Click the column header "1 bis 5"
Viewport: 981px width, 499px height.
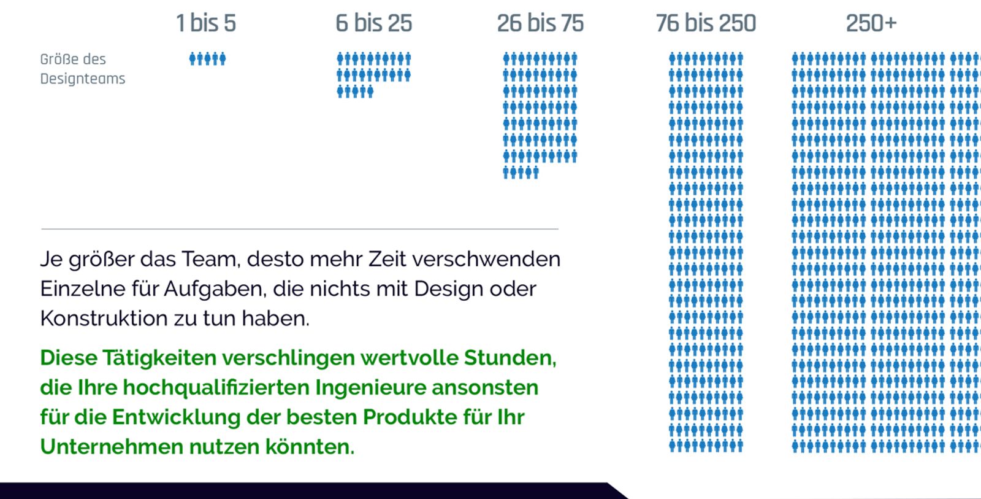[205, 23]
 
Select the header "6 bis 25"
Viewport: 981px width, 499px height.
[373, 23]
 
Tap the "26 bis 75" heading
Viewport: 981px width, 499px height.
[540, 23]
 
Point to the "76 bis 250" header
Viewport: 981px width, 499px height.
[706, 23]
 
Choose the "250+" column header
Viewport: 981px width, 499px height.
[871, 23]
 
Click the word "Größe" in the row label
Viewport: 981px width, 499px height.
[59, 60]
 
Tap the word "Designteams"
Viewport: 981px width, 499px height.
[83, 79]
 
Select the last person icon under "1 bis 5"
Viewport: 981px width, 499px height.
[223, 59]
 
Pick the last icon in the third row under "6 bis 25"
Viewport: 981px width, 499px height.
[370, 92]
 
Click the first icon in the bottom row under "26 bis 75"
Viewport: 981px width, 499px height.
[506, 172]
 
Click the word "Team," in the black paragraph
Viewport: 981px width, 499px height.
[210, 259]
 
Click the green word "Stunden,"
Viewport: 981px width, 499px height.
[510, 357]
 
